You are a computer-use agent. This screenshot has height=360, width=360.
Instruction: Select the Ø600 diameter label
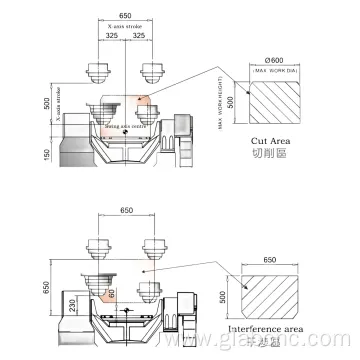(x=275, y=58)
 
